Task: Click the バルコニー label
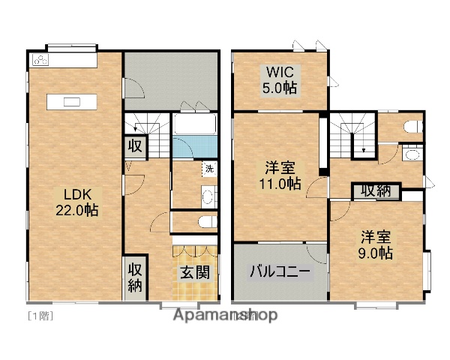coord(280,272)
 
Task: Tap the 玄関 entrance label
coord(194,274)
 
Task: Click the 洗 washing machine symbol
coord(209,169)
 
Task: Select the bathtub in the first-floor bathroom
coord(194,124)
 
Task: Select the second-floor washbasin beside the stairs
coord(411,155)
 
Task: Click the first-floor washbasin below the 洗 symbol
coord(208,197)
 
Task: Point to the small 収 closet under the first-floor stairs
coord(135,145)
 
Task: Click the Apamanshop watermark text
coord(225,315)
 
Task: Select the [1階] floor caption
coord(40,315)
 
